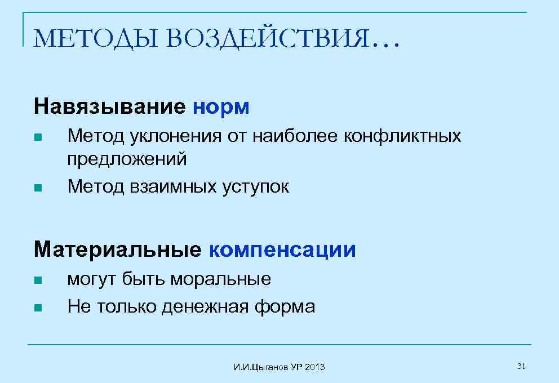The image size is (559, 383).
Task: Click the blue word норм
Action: click(x=221, y=106)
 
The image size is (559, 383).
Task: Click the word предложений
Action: click(x=127, y=159)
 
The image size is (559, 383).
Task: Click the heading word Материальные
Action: click(x=117, y=250)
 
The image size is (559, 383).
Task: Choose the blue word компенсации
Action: click(x=282, y=250)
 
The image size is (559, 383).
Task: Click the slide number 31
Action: click(x=521, y=367)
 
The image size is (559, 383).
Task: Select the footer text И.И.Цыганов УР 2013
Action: click(x=279, y=367)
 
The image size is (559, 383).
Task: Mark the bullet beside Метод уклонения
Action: click(x=38, y=137)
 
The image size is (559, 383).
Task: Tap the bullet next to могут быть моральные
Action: click(x=38, y=280)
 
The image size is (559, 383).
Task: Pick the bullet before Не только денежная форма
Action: click(x=38, y=308)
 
